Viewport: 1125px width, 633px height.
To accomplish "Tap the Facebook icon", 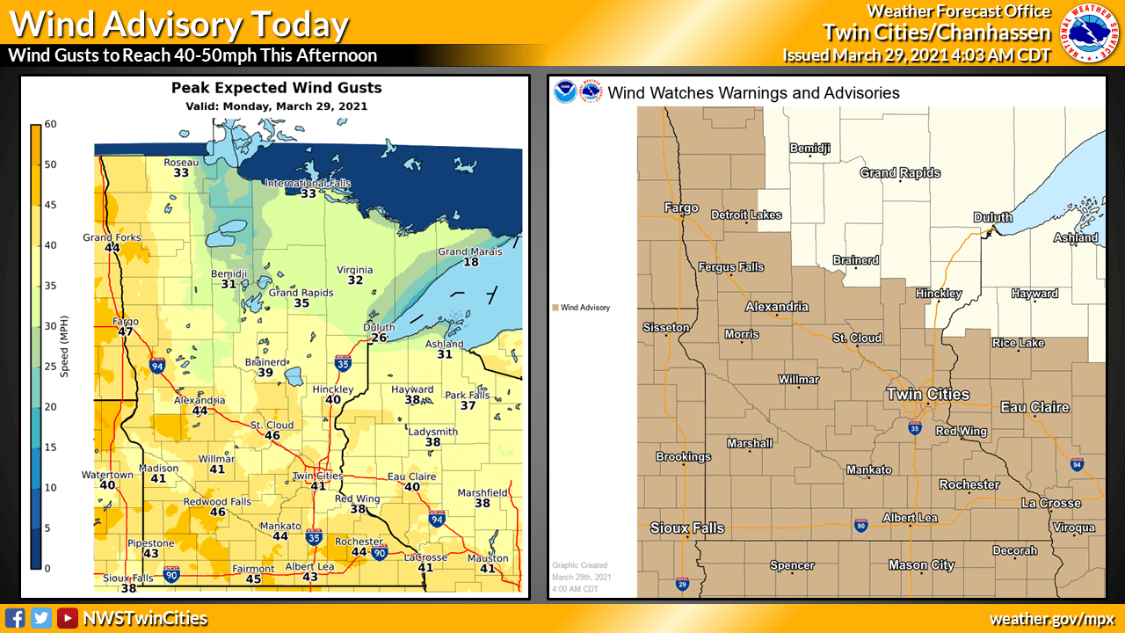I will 15,618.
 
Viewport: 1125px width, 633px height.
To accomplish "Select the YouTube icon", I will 67,618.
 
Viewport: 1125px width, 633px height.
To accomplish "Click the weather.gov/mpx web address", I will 1052,619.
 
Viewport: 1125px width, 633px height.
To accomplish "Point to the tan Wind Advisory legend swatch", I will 555,308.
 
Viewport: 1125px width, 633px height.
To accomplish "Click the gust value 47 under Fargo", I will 126,331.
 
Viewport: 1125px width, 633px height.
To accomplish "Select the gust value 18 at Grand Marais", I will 471,262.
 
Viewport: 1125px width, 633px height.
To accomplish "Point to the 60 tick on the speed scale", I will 51,124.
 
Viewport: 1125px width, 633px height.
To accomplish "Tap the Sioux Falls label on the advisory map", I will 687,527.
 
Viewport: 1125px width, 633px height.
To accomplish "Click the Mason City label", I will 921,565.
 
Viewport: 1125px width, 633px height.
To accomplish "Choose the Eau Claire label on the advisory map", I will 1034,407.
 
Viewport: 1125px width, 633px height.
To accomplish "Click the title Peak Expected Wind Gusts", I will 276,88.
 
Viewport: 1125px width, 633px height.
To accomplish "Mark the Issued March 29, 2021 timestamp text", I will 917,55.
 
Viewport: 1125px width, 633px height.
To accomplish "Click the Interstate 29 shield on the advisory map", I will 682,583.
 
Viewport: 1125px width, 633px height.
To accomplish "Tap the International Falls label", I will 308,183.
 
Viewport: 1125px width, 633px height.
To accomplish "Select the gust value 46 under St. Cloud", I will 272,435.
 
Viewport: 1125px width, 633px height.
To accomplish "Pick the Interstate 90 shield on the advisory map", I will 860,526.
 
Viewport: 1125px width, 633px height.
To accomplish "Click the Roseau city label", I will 182,162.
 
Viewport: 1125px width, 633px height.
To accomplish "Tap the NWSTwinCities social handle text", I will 145,619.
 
